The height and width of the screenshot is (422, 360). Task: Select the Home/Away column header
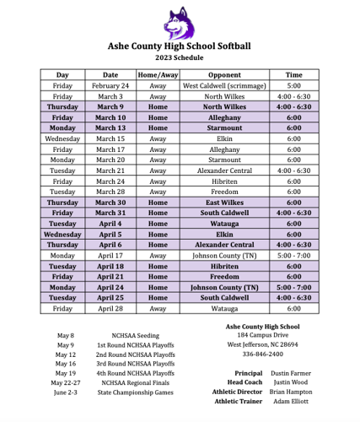(x=158, y=75)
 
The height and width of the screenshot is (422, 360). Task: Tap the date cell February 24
(x=110, y=86)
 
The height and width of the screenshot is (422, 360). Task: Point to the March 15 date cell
(x=110, y=138)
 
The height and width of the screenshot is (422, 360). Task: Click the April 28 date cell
(x=110, y=309)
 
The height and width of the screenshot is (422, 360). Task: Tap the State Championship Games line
(x=137, y=392)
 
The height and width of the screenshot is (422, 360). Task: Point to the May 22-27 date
(x=66, y=381)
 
